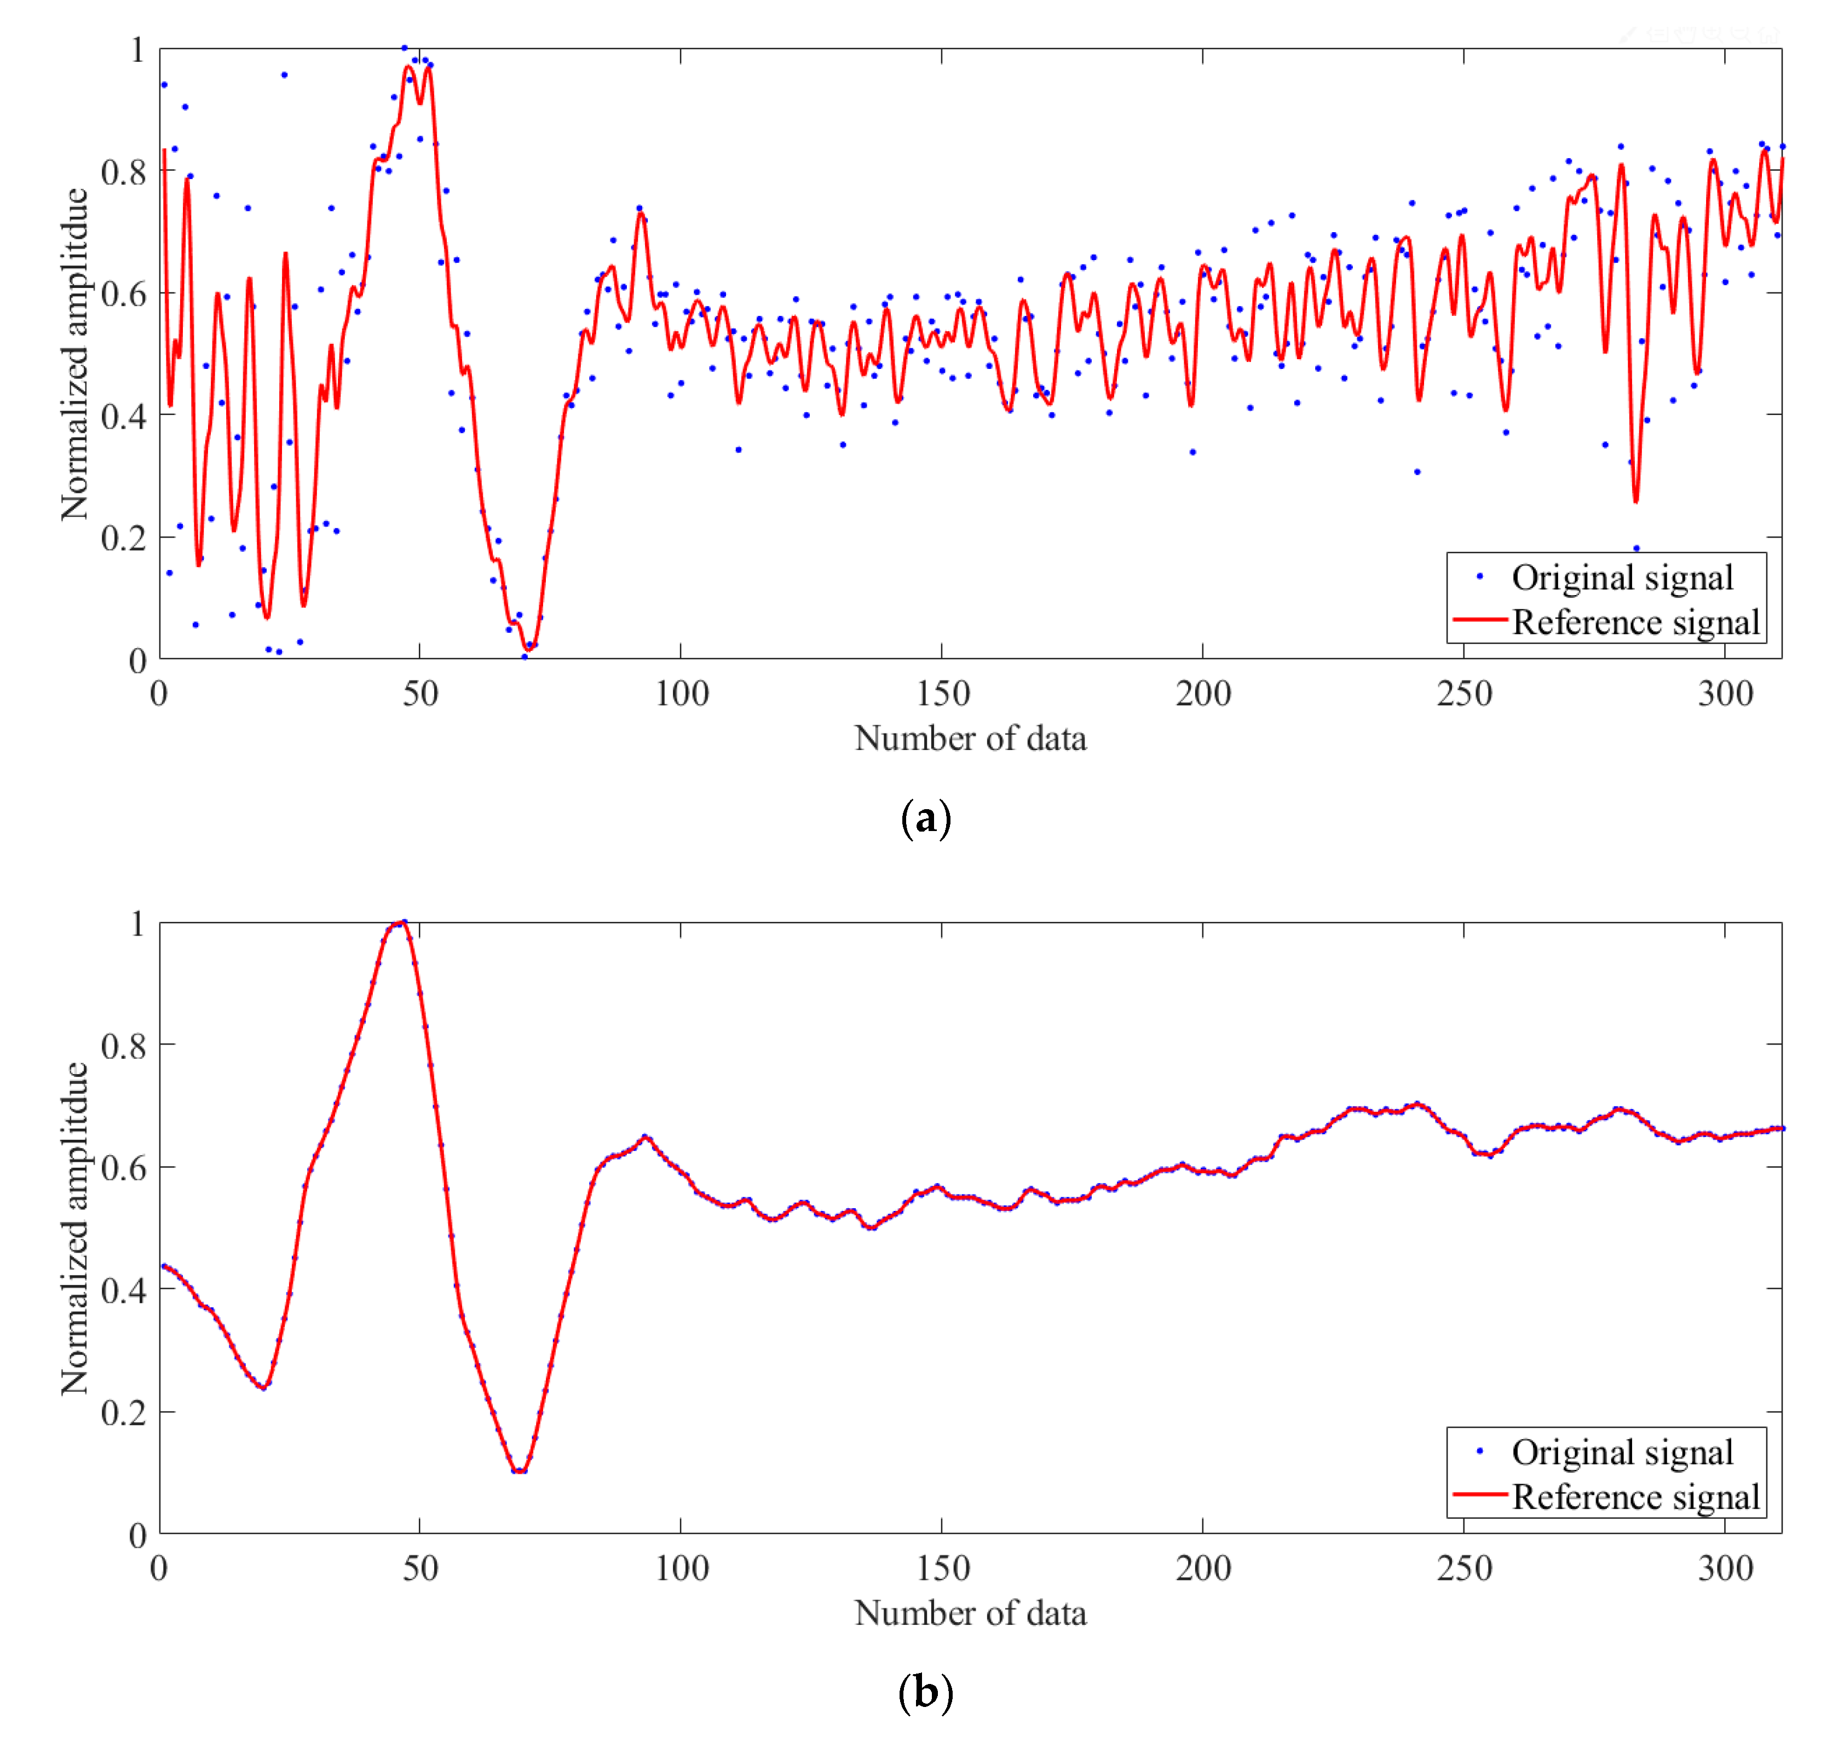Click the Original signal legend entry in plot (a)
1621,578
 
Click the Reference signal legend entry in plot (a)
1635,622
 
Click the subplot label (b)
925,1692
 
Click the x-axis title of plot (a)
970,738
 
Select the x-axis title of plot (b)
970,1613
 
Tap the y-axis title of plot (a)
74,354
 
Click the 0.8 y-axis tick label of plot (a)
124,172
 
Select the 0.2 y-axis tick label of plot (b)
124,1412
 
